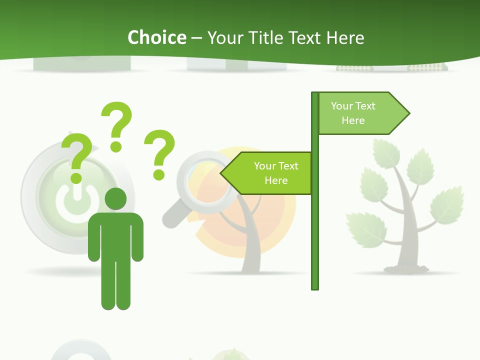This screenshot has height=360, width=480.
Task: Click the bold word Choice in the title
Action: click(x=156, y=37)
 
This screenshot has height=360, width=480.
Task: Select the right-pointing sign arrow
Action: click(x=362, y=113)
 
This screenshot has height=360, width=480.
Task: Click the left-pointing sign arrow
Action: click(x=267, y=173)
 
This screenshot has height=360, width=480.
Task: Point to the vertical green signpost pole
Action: click(x=315, y=225)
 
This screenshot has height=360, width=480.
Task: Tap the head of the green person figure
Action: click(x=115, y=198)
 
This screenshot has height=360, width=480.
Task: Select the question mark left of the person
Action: click(x=76, y=159)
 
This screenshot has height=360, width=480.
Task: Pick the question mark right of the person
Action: click(x=159, y=154)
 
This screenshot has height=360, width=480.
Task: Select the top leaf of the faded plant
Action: click(x=386, y=152)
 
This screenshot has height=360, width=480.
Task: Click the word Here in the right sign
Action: click(x=353, y=120)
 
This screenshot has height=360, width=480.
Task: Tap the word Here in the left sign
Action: click(x=276, y=180)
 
